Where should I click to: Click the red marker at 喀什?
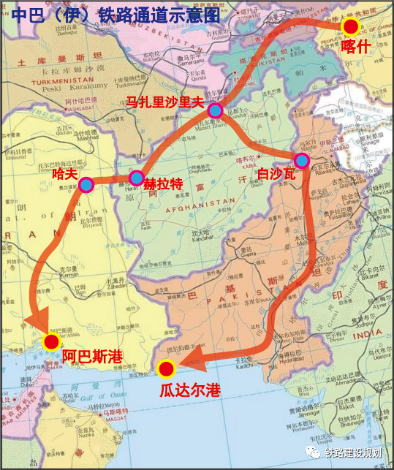coord(352,27)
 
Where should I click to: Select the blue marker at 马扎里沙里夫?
coord(215,110)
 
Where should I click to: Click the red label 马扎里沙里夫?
coord(164,102)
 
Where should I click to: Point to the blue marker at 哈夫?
coord(86,184)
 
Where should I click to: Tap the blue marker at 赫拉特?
coord(136,178)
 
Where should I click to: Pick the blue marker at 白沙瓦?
coord(301,161)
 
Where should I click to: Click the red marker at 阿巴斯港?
coord(51,341)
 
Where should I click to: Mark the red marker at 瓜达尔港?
coord(167,369)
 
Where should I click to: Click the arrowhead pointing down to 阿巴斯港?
coord(37,322)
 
